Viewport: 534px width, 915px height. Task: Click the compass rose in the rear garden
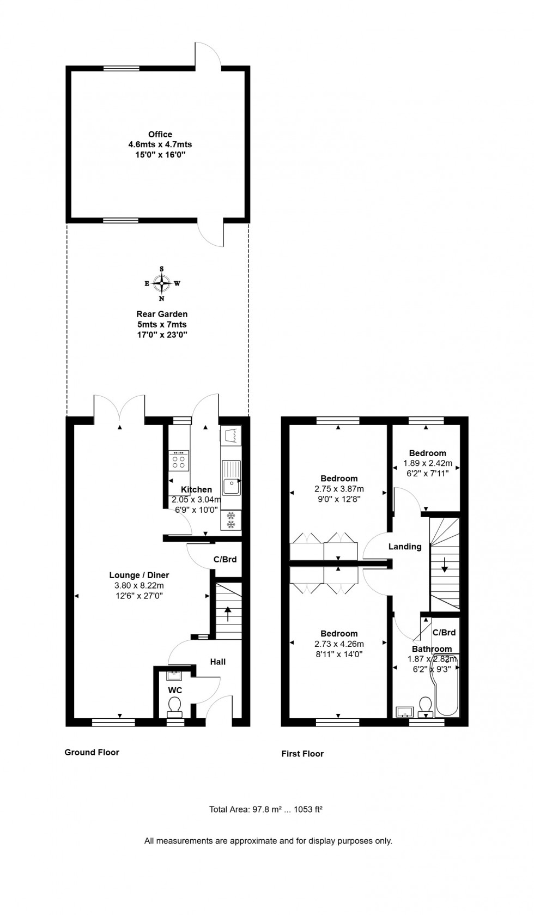(x=162, y=283)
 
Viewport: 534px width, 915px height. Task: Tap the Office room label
(x=160, y=134)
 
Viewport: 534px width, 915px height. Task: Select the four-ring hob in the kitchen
(x=178, y=460)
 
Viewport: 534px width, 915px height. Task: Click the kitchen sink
(x=231, y=478)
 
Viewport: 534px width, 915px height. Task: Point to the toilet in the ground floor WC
(x=175, y=707)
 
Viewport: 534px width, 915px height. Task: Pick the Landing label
(x=404, y=547)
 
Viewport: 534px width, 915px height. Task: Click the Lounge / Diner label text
(x=139, y=575)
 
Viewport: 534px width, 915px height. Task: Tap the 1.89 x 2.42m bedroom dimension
(x=428, y=463)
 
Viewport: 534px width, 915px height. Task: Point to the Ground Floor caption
(x=92, y=752)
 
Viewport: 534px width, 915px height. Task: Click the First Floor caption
(x=302, y=754)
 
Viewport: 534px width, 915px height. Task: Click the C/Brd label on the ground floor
(x=225, y=559)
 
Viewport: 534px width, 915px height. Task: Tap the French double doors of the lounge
(x=119, y=407)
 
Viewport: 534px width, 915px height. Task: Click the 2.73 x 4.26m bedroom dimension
(x=339, y=644)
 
